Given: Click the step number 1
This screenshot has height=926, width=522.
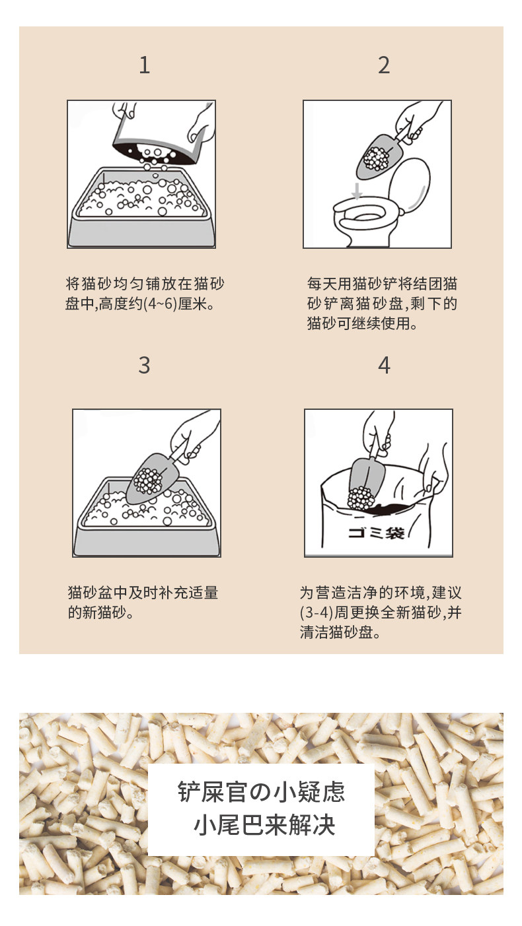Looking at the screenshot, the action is [144, 65].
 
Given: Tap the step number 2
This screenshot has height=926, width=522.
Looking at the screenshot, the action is [384, 65].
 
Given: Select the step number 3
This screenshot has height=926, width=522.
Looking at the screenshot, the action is [144, 365].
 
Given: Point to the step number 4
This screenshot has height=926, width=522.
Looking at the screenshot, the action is [384, 366].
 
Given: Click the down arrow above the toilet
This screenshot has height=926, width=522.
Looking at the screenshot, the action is [356, 191].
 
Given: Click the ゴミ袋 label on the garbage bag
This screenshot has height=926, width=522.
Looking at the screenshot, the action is [376, 533].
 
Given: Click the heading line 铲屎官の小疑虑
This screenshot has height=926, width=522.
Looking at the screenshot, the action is [261, 791].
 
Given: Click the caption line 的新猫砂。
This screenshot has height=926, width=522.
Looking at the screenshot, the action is [101, 612].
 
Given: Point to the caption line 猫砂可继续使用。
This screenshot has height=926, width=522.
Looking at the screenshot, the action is [362, 323].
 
